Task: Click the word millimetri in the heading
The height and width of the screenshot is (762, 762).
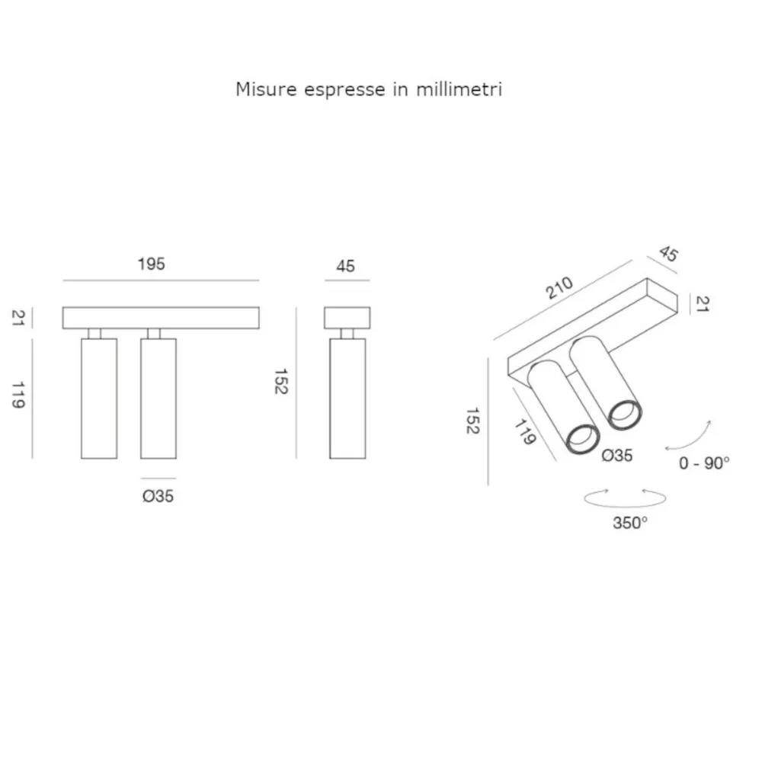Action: pyautogui.click(x=459, y=90)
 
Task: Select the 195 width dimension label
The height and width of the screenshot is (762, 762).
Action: pyautogui.click(x=151, y=265)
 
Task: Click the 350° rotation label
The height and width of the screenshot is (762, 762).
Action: pyautogui.click(x=629, y=523)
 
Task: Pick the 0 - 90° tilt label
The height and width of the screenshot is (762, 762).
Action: pyautogui.click(x=703, y=463)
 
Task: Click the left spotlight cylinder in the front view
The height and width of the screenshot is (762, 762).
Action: pyautogui.click(x=99, y=398)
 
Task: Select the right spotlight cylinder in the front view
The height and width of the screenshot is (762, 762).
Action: pyautogui.click(x=158, y=398)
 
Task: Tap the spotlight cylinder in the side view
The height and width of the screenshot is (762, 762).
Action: pyautogui.click(x=347, y=398)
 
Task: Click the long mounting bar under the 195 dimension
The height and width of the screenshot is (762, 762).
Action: pyautogui.click(x=161, y=317)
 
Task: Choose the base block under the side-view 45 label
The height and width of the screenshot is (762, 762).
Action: pyautogui.click(x=347, y=317)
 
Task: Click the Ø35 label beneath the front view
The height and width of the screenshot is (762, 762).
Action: pyautogui.click(x=158, y=496)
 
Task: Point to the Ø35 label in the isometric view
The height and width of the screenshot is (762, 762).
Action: pyautogui.click(x=616, y=456)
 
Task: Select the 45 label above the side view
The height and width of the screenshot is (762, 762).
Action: pyautogui.click(x=345, y=266)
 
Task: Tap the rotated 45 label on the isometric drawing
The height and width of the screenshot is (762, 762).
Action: pyautogui.click(x=668, y=254)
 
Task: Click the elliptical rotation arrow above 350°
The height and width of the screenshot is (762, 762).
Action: pyautogui.click(x=624, y=498)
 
